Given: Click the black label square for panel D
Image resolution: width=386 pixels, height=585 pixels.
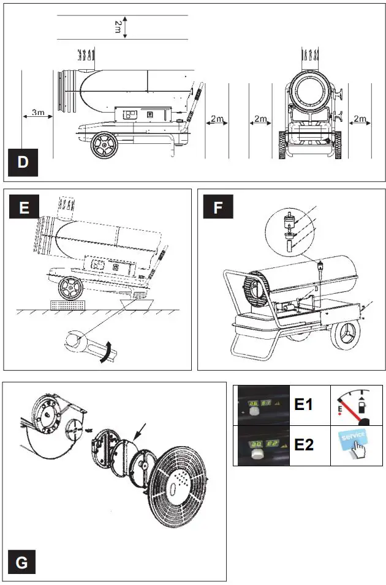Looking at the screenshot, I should click(23, 162).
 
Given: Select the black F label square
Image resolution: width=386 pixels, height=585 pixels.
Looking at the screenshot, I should click(218, 208).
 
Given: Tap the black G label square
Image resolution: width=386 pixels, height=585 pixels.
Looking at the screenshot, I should click(22, 562).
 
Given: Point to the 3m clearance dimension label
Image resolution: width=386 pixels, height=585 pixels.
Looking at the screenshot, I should click(38, 113).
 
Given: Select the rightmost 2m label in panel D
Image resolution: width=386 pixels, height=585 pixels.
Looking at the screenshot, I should click(360, 118).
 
